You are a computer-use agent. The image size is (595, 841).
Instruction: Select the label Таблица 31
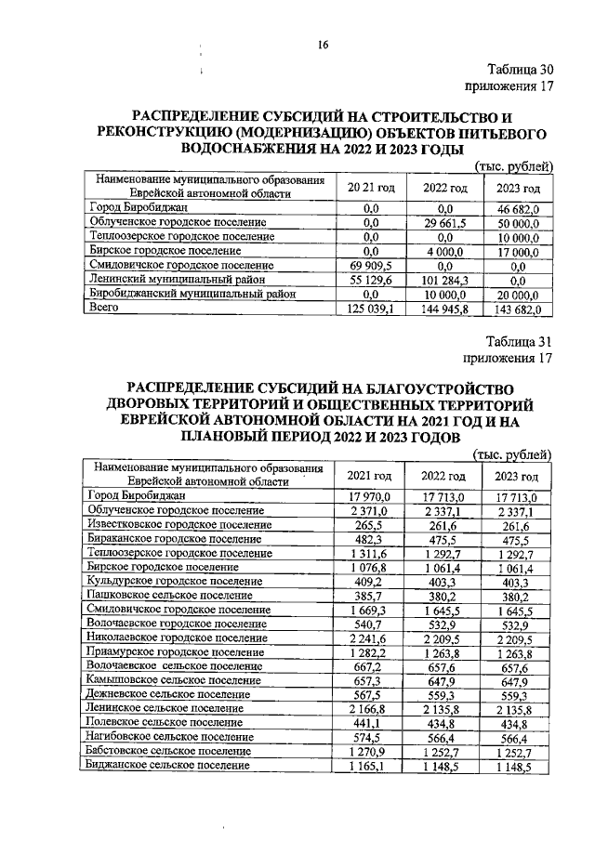[521, 341]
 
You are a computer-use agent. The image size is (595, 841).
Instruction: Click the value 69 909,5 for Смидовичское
[371, 266]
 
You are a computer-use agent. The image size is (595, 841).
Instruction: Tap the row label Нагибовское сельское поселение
[168, 737]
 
